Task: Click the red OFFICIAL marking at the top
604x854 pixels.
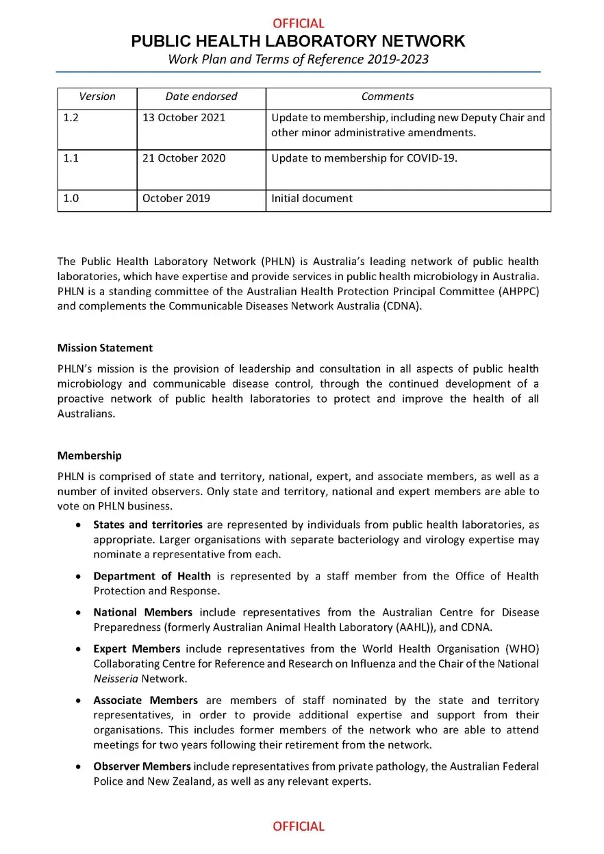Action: (299, 23)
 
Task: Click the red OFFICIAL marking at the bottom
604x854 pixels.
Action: (299, 826)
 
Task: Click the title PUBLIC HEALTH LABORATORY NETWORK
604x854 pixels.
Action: (298, 41)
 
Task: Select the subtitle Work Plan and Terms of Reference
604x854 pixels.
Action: (298, 59)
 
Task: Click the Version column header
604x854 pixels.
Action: (97, 97)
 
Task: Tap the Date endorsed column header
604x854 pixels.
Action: (201, 97)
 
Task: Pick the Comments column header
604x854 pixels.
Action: (388, 97)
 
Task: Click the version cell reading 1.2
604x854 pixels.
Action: (71, 117)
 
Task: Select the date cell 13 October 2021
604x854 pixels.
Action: (184, 117)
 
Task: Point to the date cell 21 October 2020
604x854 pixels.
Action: (184, 158)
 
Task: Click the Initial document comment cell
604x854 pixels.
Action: (312, 199)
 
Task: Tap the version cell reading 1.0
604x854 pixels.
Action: (71, 199)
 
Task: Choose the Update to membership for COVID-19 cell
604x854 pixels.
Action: (364, 158)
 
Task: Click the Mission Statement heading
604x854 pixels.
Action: (105, 348)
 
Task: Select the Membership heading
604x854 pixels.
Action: (90, 455)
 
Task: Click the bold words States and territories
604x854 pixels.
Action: (148, 525)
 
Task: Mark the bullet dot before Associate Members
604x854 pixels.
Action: (79, 701)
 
